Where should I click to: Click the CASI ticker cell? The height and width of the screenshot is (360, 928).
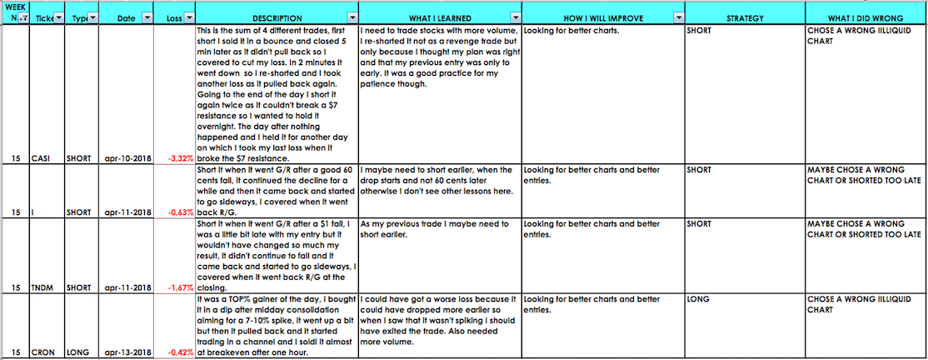pyautogui.click(x=44, y=158)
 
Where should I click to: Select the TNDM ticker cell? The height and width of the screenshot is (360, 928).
pyautogui.click(x=47, y=287)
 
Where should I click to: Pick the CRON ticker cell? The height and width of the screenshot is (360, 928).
pyautogui.click(x=47, y=352)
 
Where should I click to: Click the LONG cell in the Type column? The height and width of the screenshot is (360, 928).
pyautogui.click(x=78, y=352)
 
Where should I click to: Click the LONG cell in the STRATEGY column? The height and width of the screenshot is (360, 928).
pyautogui.click(x=697, y=297)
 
